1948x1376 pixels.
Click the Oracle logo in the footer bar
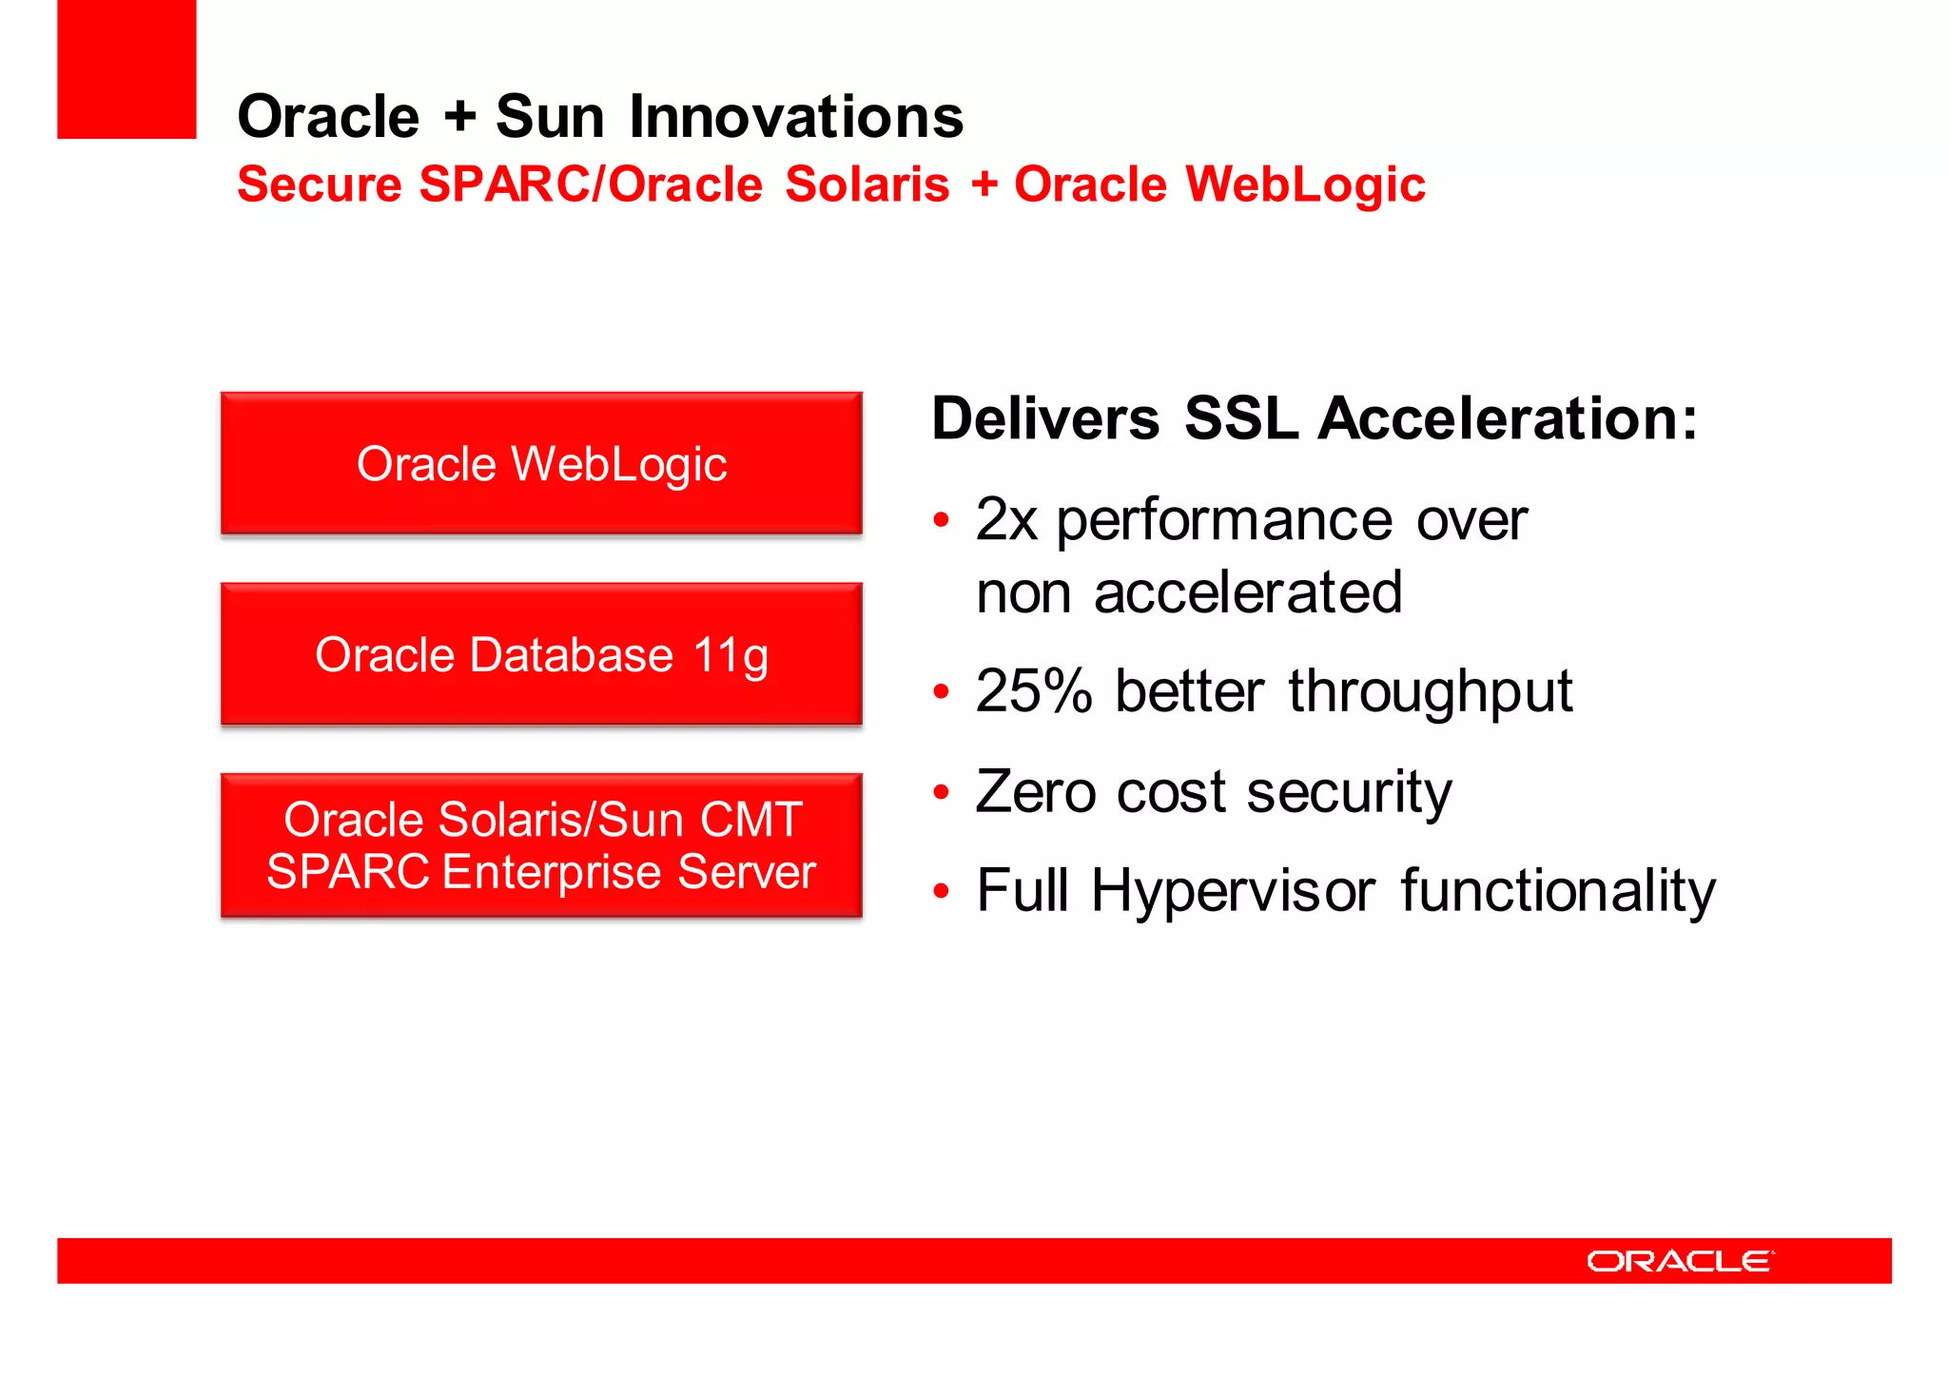(1680, 1261)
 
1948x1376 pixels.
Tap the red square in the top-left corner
(127, 68)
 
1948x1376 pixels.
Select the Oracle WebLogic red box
(541, 464)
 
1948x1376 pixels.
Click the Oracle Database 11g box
(541, 654)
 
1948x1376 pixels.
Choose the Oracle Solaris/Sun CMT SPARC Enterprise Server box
(541, 845)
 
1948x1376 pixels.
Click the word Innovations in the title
(796, 117)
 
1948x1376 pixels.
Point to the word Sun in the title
(550, 117)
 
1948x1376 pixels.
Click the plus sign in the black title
(459, 117)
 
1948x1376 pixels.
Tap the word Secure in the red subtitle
(320, 184)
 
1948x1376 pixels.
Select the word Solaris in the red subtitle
(867, 184)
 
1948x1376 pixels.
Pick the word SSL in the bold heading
(1241, 418)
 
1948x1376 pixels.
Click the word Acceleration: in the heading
(1508, 418)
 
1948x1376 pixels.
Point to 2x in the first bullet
(1005, 520)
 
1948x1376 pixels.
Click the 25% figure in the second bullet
(1034, 691)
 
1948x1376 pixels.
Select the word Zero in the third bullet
(1036, 792)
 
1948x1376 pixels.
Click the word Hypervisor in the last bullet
(1233, 892)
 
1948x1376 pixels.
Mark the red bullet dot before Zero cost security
(942, 792)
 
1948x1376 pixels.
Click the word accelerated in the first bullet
(1248, 593)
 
